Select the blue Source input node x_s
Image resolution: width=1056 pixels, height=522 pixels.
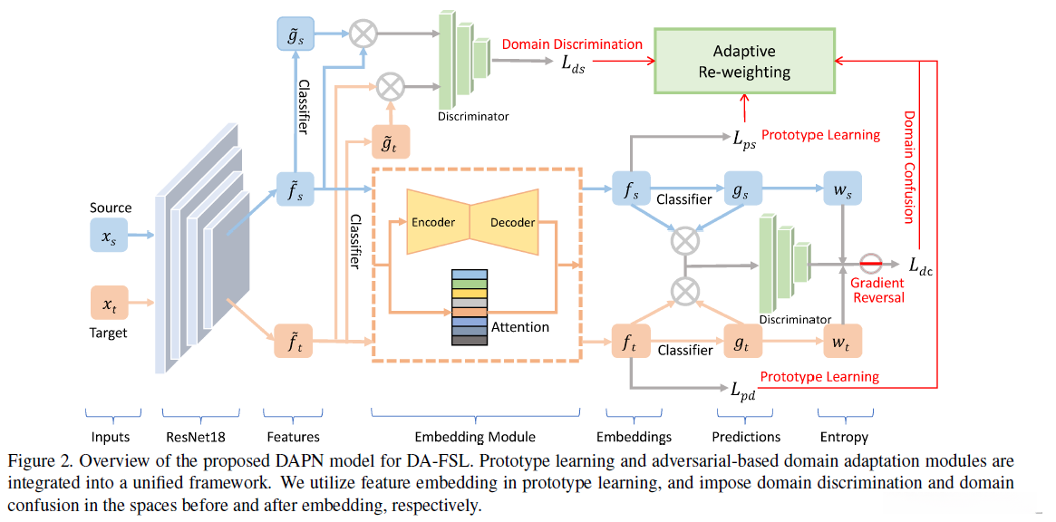[109, 235]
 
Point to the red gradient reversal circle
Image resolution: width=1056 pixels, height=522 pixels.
[871, 264]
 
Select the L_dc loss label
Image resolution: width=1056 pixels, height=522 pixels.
[922, 265]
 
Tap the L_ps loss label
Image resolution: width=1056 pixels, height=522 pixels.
[742, 138]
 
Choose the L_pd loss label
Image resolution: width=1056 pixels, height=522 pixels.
[742, 391]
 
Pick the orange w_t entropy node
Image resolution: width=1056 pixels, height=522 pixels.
[842, 342]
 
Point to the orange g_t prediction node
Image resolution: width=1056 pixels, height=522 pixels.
[742, 342]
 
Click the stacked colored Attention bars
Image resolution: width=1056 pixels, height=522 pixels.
[470, 306]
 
